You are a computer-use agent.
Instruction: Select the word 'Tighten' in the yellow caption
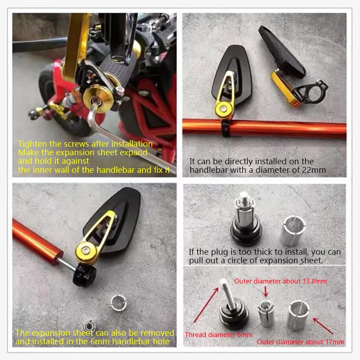pyautogui.click(x=32, y=144)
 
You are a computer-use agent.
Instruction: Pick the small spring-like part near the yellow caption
pyautogui.click(x=88, y=325)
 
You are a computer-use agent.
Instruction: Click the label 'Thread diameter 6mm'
pyautogui.click(x=219, y=335)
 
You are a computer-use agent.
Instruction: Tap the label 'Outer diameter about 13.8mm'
pyautogui.click(x=280, y=281)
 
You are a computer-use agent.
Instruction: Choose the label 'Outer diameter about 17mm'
pyautogui.click(x=300, y=342)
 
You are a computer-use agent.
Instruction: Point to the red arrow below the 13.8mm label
pyautogui.click(x=265, y=292)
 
